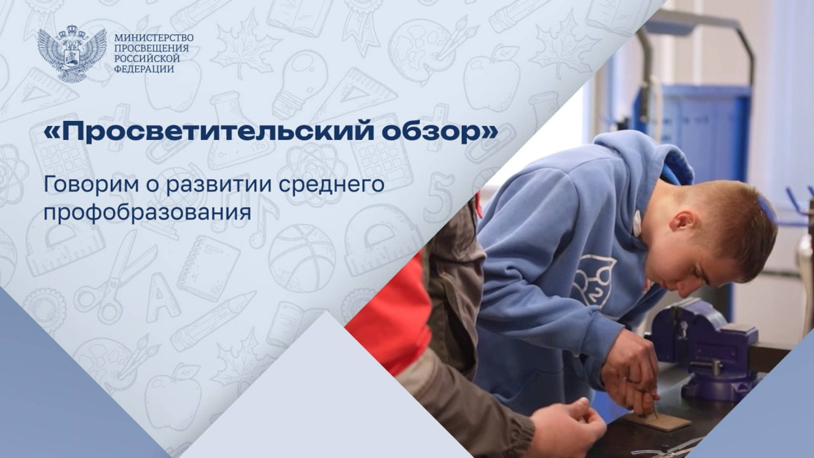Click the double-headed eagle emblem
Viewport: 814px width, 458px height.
tap(71, 54)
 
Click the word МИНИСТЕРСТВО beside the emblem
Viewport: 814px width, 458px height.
tap(154, 38)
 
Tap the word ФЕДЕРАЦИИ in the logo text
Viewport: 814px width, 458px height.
tap(144, 69)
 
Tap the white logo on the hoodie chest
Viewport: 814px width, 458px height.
tap(591, 280)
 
